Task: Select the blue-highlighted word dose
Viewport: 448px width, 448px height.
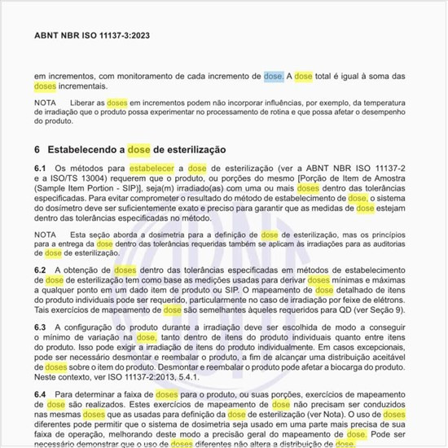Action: (x=273, y=76)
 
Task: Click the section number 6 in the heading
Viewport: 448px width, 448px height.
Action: (x=37, y=151)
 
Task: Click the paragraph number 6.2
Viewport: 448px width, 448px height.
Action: (x=40, y=270)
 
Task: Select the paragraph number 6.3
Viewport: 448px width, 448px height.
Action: (x=40, y=326)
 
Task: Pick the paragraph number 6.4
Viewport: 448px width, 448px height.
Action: (x=40, y=393)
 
